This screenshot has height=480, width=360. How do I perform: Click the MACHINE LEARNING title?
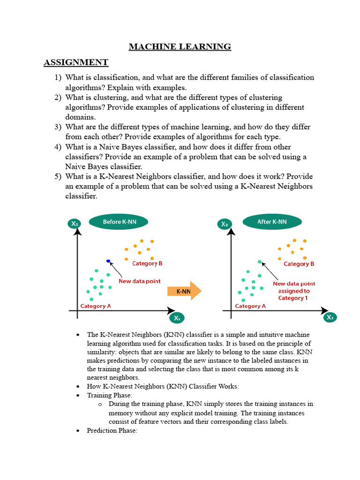coord(180,46)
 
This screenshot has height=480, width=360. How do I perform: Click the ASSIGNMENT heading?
coord(76,62)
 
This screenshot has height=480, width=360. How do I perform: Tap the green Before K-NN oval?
coord(119,222)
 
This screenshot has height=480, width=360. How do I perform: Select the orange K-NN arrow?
coord(184,291)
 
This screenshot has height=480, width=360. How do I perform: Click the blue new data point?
coord(108,261)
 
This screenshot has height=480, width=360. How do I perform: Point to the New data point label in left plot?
coord(139,281)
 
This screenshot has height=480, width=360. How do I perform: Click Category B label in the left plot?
coord(147,263)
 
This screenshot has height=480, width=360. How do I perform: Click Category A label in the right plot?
coord(250,306)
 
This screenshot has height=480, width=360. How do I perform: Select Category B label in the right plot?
coord(299,264)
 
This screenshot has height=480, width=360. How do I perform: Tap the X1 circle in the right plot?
coord(330,317)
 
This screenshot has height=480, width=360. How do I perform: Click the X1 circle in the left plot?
coord(177,318)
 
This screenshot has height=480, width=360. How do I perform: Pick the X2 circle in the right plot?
coord(225,224)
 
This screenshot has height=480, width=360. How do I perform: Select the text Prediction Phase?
coord(112,430)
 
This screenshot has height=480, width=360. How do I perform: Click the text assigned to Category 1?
coord(294,294)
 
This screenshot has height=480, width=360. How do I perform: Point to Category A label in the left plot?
coord(96,306)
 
